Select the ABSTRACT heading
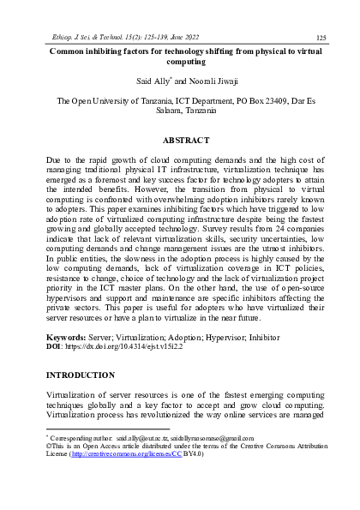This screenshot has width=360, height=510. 179,139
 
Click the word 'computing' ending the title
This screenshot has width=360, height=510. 180,63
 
